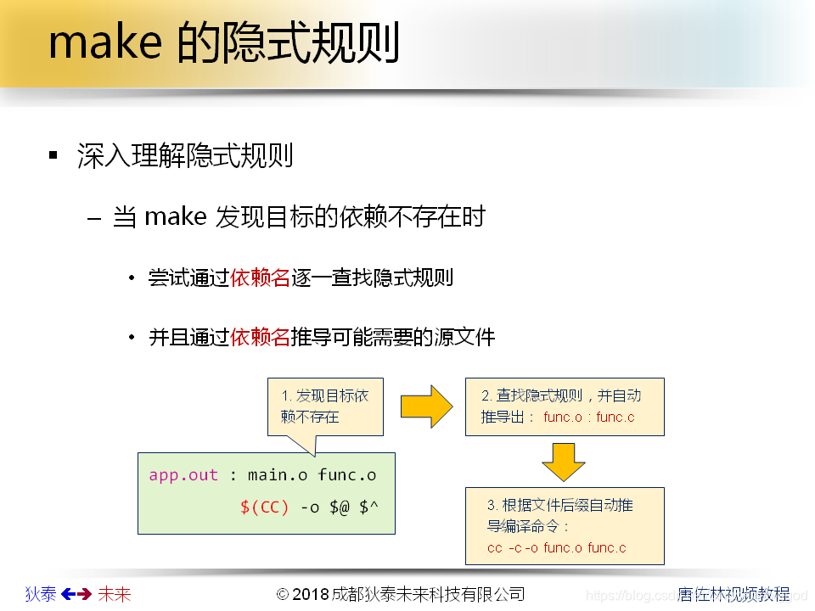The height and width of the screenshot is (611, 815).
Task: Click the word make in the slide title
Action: [104, 43]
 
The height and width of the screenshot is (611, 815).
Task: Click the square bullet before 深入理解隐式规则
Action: [53, 155]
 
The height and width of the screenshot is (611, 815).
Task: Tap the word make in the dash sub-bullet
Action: [176, 216]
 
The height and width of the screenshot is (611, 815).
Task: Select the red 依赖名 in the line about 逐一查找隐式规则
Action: [261, 277]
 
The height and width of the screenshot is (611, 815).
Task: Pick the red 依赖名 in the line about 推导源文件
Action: [261, 337]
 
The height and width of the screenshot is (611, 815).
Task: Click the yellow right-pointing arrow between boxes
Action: [428, 406]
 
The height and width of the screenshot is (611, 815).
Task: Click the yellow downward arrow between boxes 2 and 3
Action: [564, 462]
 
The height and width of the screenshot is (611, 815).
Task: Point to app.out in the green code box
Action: [183, 475]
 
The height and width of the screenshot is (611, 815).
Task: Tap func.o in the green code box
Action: [347, 475]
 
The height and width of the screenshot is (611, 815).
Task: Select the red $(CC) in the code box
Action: [265, 507]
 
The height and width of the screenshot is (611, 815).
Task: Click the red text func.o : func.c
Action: [589, 418]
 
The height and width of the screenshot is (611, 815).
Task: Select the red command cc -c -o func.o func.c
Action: [557, 547]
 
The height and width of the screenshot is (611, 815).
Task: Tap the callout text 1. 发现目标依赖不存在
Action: [324, 406]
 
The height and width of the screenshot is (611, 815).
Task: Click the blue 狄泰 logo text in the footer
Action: [40, 594]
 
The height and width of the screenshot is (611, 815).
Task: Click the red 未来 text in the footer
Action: [115, 594]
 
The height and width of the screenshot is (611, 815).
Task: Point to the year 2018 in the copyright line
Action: [311, 594]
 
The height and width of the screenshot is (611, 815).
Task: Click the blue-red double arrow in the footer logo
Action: [77, 594]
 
